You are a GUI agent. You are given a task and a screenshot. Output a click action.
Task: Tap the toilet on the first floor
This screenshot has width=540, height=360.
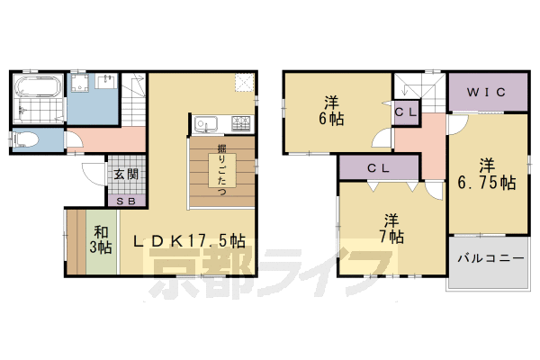point(26,139)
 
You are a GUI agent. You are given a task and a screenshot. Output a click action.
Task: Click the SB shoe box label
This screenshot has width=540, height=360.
point(125,199)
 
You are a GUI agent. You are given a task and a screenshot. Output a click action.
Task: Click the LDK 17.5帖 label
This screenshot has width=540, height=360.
point(190,241)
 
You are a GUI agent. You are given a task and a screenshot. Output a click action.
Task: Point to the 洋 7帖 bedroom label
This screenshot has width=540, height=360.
point(391,229)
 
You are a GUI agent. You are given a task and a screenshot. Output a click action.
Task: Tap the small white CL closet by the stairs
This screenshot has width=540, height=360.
point(404,112)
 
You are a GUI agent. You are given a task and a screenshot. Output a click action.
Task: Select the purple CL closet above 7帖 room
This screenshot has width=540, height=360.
point(379,167)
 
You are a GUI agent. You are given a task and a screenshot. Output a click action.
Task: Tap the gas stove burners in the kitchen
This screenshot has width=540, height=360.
point(241,122)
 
